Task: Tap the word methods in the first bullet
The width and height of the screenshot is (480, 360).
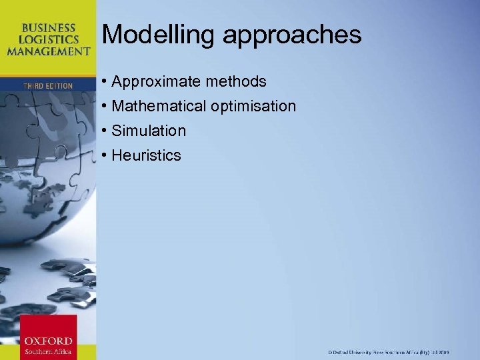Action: click(235, 82)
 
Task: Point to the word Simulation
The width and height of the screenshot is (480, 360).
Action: click(149, 131)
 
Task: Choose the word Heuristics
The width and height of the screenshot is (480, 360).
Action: click(146, 155)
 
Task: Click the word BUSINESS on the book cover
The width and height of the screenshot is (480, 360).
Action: click(48, 28)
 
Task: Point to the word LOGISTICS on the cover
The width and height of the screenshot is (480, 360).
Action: click(48, 39)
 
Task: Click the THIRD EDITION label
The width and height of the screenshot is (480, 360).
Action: click(47, 86)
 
